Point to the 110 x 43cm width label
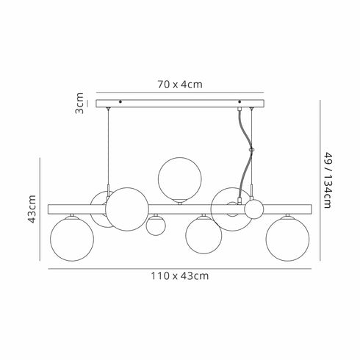pos(181,276)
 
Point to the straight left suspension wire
pos(109,147)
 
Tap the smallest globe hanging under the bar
pos(154,226)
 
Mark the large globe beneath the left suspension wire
pos(128,209)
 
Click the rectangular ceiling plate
pos(181,102)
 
